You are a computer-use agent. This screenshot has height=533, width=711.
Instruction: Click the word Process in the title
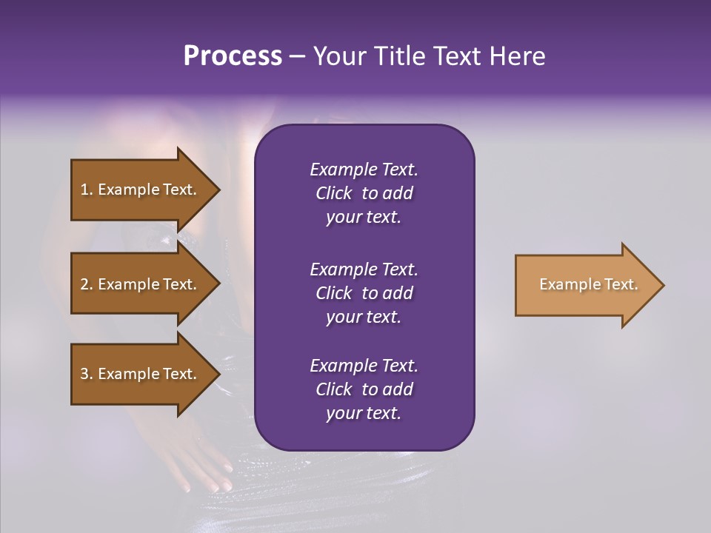233,56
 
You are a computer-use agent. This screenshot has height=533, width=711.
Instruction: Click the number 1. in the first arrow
87,190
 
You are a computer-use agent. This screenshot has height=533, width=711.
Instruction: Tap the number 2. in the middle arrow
87,285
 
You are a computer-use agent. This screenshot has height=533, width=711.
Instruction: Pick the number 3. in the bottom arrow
87,375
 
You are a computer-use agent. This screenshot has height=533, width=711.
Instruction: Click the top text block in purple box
364,193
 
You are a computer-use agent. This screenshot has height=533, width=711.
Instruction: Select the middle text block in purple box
364,293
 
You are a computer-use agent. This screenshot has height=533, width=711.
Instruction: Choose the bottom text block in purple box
364,389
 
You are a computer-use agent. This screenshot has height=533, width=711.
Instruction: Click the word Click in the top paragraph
333,193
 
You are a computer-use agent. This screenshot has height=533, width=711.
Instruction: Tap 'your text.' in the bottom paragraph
364,414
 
